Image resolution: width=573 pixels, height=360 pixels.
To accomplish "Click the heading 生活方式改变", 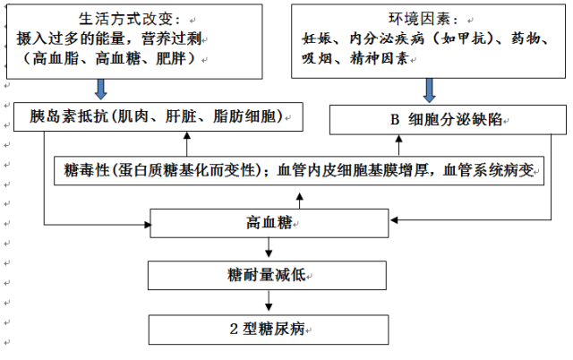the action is pyautogui.click(x=129, y=19).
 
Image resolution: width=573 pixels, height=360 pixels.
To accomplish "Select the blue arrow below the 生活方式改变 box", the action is pyautogui.click(x=101, y=89).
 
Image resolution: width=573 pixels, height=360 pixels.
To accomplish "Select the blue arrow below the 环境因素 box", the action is pyautogui.click(x=429, y=90).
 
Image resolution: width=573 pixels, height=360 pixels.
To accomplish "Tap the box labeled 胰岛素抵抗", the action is pyautogui.click(x=158, y=116).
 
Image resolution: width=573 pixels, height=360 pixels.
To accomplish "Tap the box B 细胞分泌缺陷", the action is pyautogui.click(x=448, y=120).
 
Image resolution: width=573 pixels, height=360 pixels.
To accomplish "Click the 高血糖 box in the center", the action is pyautogui.click(x=269, y=223).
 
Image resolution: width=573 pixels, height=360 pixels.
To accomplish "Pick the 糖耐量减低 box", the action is pyautogui.click(x=267, y=275).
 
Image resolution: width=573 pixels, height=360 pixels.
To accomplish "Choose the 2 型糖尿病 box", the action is pyautogui.click(x=269, y=330).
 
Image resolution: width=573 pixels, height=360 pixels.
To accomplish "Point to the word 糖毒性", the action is pyautogui.click(x=87, y=170).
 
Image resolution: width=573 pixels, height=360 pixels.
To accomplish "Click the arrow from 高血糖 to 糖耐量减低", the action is pyautogui.click(x=269, y=247).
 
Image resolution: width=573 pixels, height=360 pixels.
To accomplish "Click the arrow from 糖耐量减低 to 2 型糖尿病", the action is pyautogui.click(x=269, y=300).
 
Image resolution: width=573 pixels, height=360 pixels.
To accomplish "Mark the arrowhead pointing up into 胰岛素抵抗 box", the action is pyautogui.click(x=187, y=135).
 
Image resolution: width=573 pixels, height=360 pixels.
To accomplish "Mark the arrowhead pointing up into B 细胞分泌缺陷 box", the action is pyautogui.click(x=398, y=139).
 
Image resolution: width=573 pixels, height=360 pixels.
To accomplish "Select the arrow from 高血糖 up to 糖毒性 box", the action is pyautogui.click(x=300, y=201).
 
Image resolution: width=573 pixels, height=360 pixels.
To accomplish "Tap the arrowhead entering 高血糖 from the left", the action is pyautogui.click(x=147, y=225).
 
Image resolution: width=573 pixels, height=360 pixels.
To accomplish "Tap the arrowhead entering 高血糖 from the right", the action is pyautogui.click(x=394, y=219).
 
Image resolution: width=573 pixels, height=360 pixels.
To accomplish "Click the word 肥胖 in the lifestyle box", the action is pyautogui.click(x=171, y=58).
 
